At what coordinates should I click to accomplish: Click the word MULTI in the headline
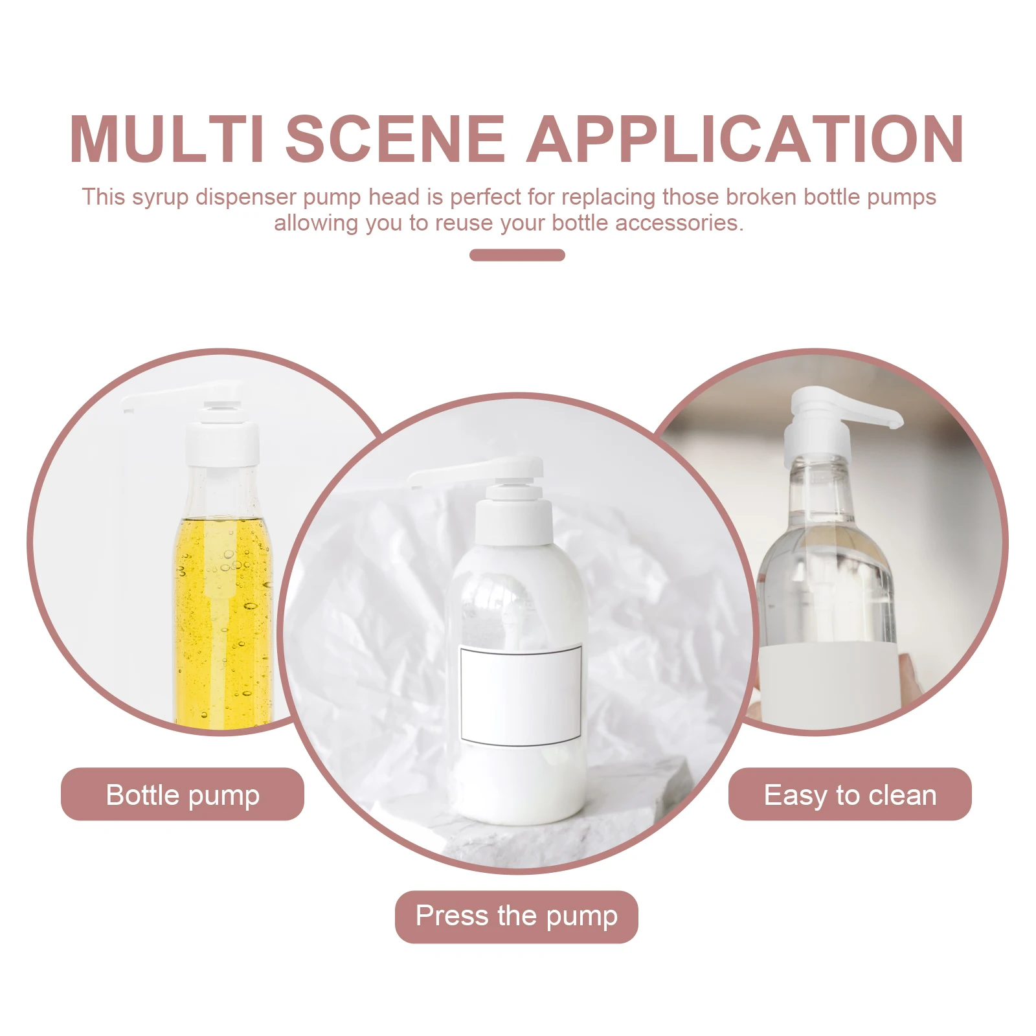point(166,139)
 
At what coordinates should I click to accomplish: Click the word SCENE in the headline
point(395,139)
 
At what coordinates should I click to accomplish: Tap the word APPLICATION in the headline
point(745,139)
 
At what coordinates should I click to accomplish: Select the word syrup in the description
point(160,197)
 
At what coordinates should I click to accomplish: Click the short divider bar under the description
point(517,255)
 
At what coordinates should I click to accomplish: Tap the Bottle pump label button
point(183,794)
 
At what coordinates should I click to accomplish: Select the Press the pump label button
point(516,916)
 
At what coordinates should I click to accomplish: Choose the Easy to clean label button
point(850,794)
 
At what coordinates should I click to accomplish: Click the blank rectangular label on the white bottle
point(520,695)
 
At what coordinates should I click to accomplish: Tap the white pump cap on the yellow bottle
point(222,444)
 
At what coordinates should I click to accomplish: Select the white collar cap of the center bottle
point(513,521)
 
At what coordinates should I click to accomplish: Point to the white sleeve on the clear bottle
point(828,680)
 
